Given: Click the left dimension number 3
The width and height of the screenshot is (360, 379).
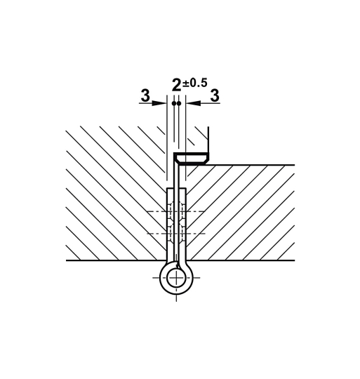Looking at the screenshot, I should (x=145, y=95).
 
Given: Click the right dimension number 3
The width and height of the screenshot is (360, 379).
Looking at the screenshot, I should (x=214, y=95).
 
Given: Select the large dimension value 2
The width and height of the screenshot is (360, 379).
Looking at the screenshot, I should (x=176, y=86).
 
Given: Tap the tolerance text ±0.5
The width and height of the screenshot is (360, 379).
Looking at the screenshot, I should (x=195, y=83).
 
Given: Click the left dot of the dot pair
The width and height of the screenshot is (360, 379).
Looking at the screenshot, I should (x=174, y=103).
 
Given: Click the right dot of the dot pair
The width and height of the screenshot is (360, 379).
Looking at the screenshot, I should (x=179, y=103).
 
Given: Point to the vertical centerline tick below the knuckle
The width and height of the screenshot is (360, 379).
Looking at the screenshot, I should (x=176, y=298).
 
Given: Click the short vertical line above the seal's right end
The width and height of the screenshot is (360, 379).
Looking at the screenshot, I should (x=209, y=138).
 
